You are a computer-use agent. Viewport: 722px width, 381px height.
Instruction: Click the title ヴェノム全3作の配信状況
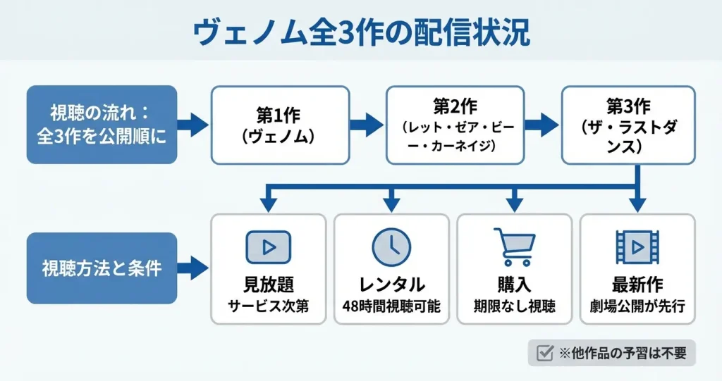[361, 32]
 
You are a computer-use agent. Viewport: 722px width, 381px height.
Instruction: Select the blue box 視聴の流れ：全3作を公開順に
[102, 125]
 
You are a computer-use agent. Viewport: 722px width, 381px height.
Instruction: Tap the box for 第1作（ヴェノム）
[281, 125]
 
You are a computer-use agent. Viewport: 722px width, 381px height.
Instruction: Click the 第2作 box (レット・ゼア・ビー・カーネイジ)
[455, 125]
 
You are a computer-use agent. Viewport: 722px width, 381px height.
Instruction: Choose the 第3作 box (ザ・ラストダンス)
[628, 125]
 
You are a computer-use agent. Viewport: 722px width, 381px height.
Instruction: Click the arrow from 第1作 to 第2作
[367, 125]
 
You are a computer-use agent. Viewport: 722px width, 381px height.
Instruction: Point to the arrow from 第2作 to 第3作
[541, 125]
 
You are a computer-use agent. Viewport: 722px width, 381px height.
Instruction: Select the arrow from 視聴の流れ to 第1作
[192, 125]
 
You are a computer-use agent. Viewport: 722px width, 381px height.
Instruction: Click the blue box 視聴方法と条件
[102, 268]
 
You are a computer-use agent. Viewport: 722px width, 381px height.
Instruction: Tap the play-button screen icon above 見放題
[269, 246]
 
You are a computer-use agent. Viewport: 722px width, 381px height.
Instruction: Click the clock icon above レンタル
[391, 246]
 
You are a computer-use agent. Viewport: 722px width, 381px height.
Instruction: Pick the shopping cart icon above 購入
[514, 246]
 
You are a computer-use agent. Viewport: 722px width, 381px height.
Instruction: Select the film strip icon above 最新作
[637, 246]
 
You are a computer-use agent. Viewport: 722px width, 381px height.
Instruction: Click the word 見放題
[269, 285]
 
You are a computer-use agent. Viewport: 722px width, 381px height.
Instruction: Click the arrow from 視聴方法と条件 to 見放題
[192, 268]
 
